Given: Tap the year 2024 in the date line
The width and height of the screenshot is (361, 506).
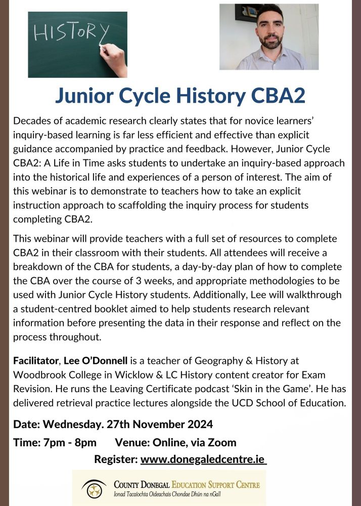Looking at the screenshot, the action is (194, 424).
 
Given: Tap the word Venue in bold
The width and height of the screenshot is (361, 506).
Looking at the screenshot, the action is (131, 442).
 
